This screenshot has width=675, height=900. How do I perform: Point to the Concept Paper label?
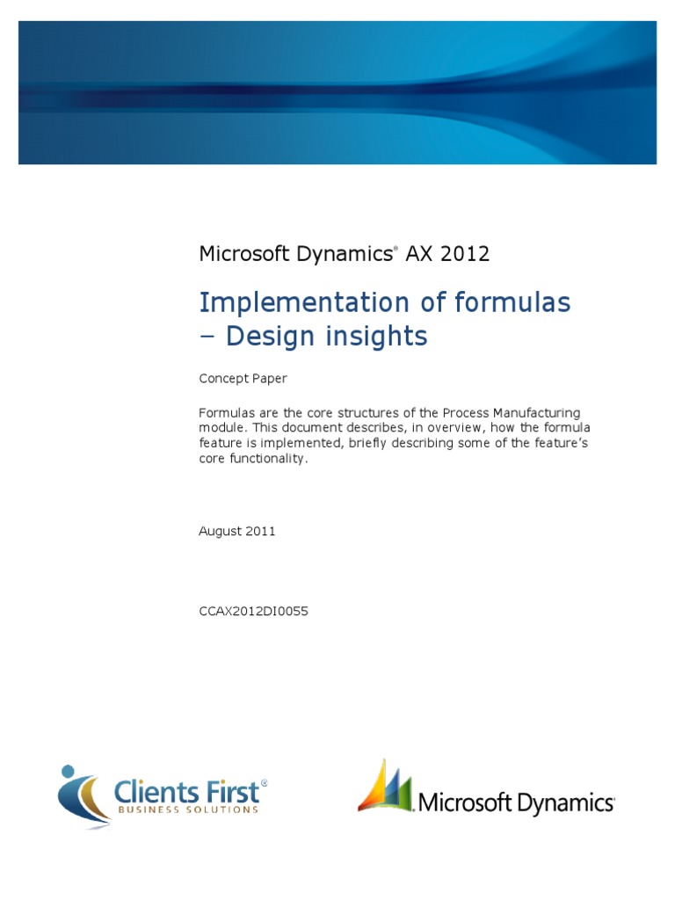243,379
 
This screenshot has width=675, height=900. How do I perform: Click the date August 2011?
237,531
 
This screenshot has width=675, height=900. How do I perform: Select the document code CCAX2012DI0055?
254,610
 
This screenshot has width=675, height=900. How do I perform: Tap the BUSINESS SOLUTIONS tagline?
187,809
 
